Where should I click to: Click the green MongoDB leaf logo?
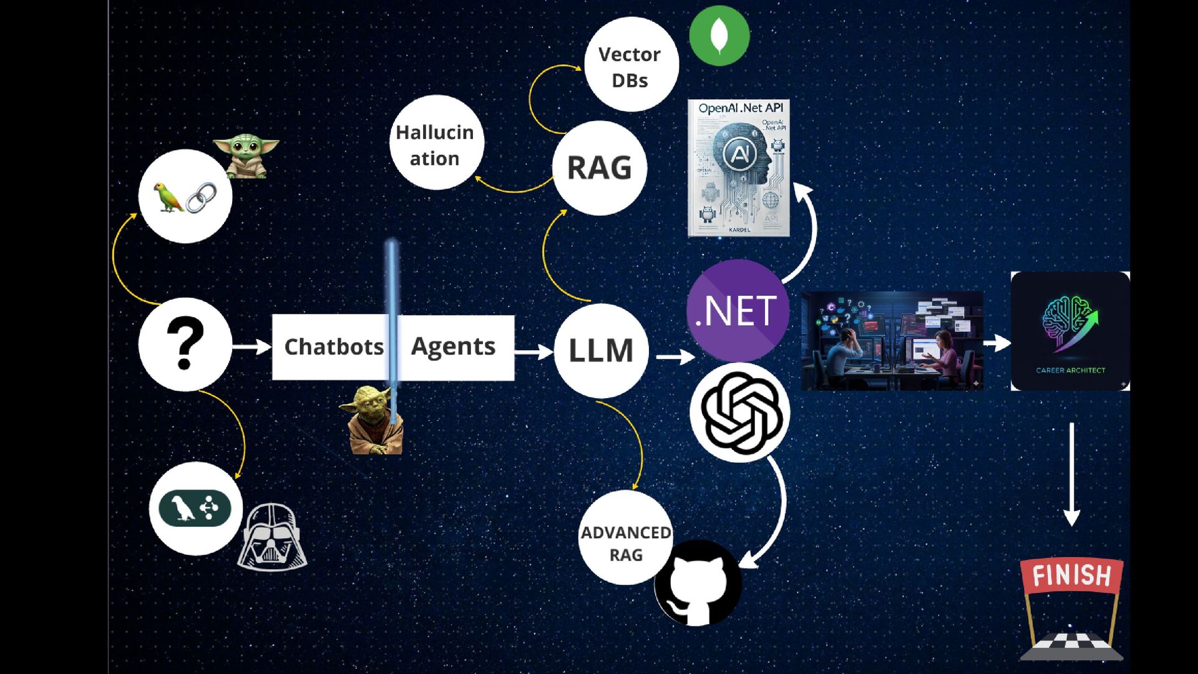point(719,36)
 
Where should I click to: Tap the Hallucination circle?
point(436,143)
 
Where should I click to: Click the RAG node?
point(599,168)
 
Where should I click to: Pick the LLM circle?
point(601,350)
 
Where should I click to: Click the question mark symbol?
point(185,344)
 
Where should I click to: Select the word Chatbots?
point(334,347)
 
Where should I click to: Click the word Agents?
point(453,346)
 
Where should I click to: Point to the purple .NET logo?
point(738,310)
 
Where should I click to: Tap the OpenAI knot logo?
point(741,413)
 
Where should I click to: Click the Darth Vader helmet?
point(271,537)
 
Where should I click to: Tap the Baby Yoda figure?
point(246,156)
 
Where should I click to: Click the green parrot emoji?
point(168,197)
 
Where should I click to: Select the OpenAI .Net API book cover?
point(739,168)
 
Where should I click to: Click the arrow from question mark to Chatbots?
point(251,346)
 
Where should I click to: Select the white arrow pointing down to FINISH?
point(1071,474)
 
